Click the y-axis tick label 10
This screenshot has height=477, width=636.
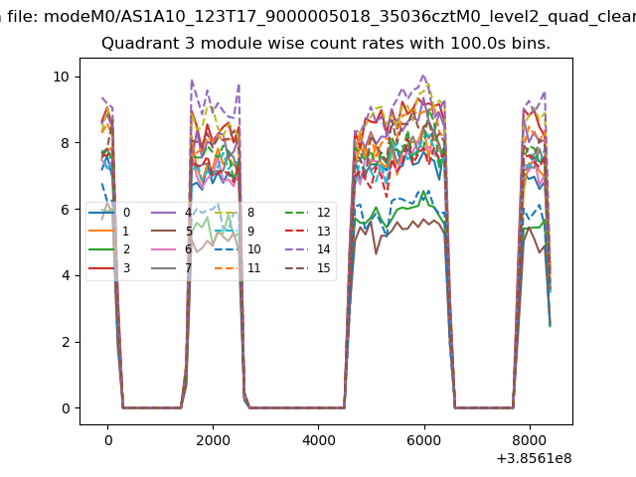pyautogui.click(x=61, y=77)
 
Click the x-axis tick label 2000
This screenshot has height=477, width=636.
pyautogui.click(x=213, y=439)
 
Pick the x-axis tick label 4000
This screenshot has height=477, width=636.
pyautogui.click(x=318, y=439)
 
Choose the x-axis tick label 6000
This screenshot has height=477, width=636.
pyautogui.click(x=423, y=439)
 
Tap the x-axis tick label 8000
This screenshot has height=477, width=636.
pyautogui.click(x=529, y=439)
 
